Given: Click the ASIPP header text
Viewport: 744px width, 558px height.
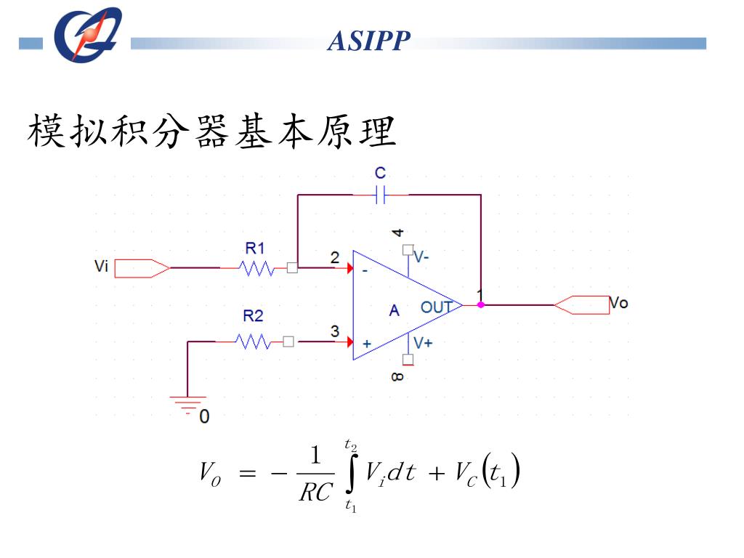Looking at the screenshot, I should point(369,41).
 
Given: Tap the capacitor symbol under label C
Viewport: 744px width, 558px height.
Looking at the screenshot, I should point(381,195).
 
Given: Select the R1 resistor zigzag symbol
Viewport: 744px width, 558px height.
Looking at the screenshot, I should point(256,268).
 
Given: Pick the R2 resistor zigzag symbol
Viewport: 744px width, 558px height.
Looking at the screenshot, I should point(254,341).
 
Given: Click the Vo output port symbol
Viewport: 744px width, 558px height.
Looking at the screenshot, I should point(582,305).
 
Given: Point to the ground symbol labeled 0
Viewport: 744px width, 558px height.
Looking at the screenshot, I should point(188,405).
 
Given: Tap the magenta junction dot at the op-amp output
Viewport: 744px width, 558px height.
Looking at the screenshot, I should point(480,305).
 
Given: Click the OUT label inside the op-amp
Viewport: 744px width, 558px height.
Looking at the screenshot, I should point(436,307).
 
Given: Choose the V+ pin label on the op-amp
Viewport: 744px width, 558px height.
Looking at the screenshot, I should point(422,342).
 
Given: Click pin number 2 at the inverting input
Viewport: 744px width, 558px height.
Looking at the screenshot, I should point(334,257).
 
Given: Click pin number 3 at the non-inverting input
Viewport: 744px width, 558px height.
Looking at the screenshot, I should point(334,331).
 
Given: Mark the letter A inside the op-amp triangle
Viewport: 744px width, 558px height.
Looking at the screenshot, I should point(394,311).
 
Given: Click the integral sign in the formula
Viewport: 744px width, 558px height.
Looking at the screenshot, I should point(351,474).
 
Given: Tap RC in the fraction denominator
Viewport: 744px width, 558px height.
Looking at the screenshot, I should point(315,493).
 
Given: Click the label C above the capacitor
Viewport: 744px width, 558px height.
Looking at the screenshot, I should point(380,173).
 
